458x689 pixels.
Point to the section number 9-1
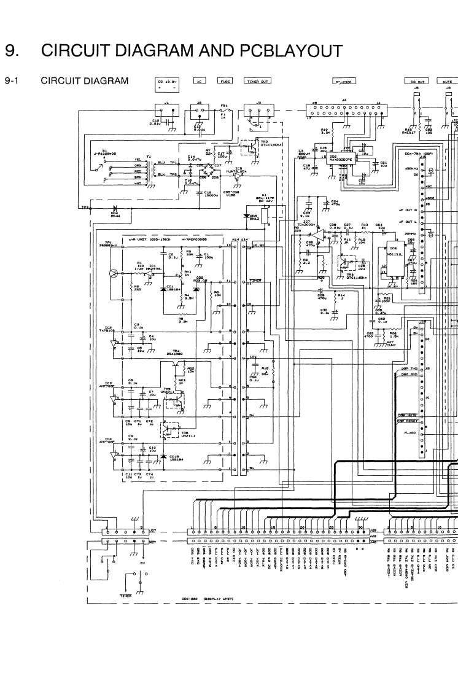(13, 80)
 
